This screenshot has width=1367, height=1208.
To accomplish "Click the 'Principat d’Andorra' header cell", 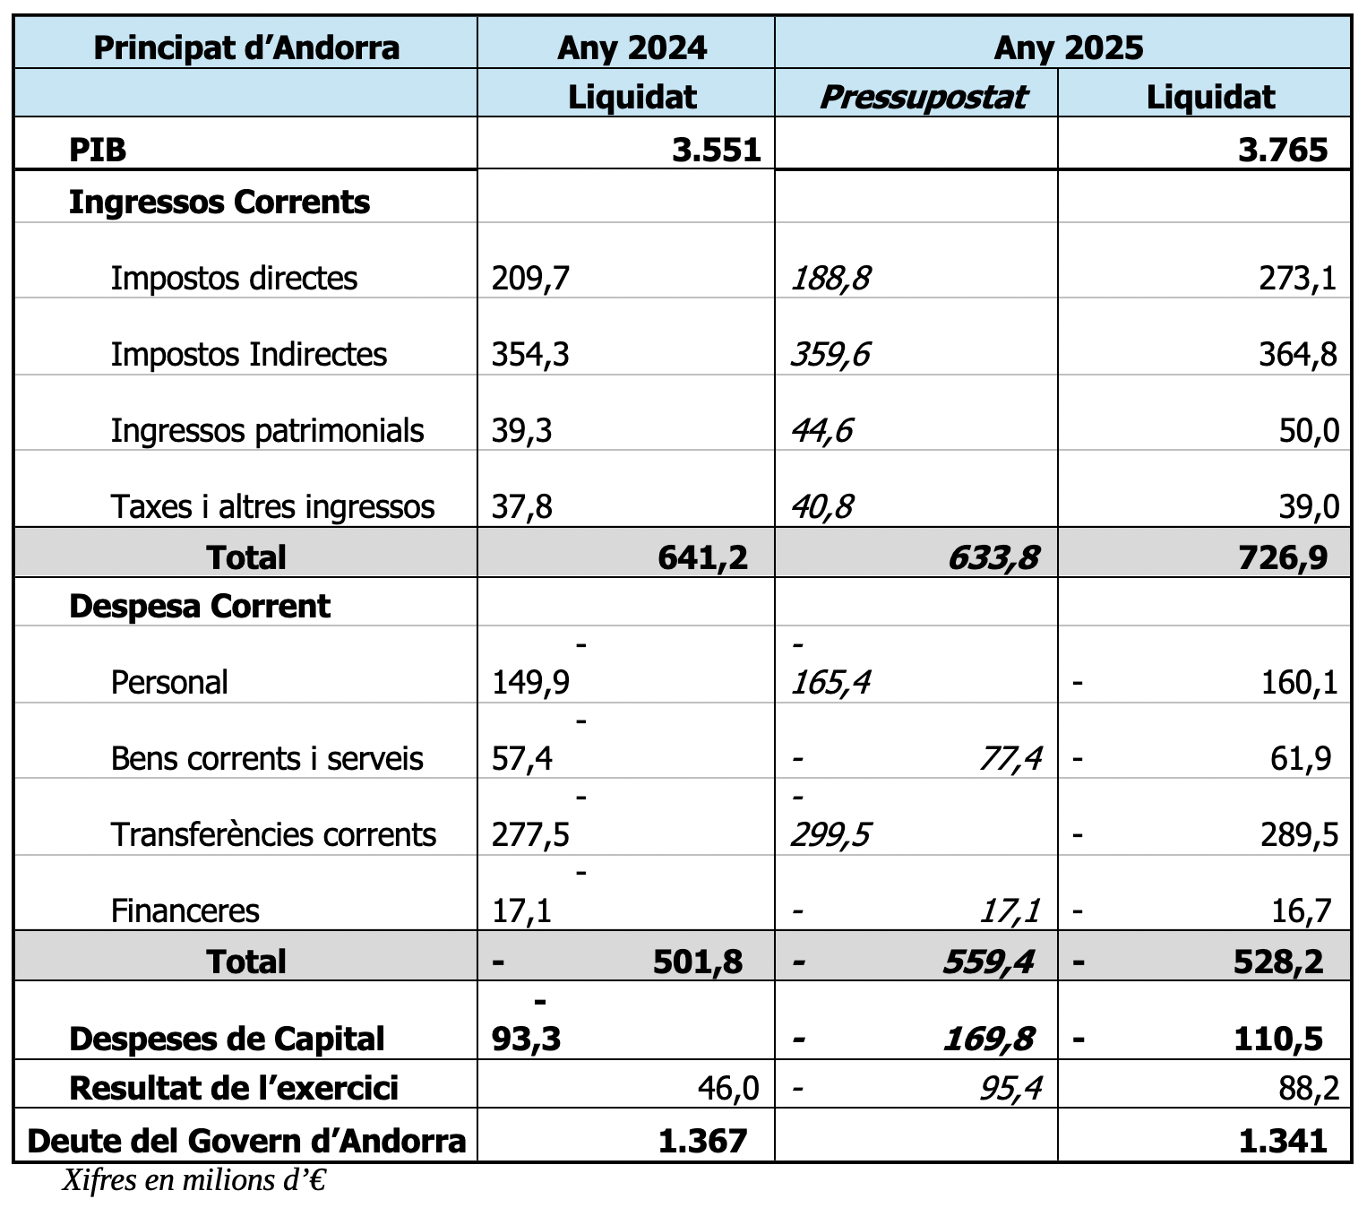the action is click(x=246, y=48).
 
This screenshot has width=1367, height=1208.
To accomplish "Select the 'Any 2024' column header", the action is click(x=632, y=48).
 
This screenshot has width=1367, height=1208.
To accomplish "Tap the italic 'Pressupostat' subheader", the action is click(x=923, y=98).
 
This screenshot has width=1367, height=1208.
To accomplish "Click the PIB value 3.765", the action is click(x=1283, y=150).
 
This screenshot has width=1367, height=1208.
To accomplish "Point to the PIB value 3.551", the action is click(x=717, y=150).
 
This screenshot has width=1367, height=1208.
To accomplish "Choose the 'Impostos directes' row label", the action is click(x=234, y=278).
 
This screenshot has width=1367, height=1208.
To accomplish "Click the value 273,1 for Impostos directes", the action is click(x=1297, y=278).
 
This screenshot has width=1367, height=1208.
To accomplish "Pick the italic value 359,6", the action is click(x=830, y=354).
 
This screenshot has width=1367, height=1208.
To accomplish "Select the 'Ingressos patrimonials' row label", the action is click(x=267, y=430).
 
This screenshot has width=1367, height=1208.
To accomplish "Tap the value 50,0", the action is click(x=1309, y=430).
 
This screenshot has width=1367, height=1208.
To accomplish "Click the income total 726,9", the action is click(x=1283, y=558).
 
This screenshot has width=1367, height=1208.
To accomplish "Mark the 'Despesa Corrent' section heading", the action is click(x=200, y=606).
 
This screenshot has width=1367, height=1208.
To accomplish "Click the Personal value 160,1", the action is click(x=1300, y=683).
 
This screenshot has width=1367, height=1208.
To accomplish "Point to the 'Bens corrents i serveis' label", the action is click(x=267, y=758).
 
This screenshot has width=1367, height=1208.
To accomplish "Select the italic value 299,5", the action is click(x=830, y=835).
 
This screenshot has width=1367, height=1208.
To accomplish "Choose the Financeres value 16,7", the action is click(x=1301, y=911).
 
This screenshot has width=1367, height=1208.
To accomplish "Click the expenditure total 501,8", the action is click(x=698, y=962).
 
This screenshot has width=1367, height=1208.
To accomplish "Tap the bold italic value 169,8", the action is click(x=988, y=1039).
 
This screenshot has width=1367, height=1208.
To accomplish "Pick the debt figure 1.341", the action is click(x=1283, y=1141).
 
